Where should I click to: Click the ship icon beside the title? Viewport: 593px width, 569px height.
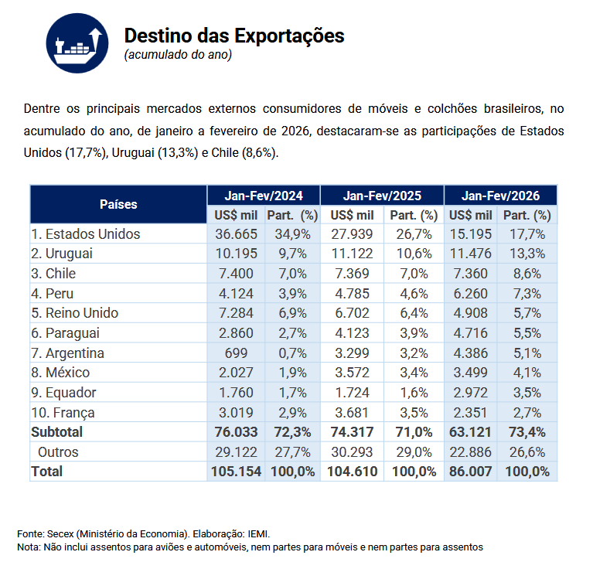(x=75, y=44)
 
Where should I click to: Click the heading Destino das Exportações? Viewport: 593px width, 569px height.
(x=233, y=36)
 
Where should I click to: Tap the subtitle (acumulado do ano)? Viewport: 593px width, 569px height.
(x=177, y=55)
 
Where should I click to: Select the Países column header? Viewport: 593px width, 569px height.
(x=118, y=205)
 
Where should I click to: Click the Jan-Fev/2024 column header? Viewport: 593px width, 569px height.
(x=263, y=196)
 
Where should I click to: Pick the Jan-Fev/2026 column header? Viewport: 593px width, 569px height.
(x=500, y=196)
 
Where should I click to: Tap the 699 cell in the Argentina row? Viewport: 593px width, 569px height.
(x=236, y=353)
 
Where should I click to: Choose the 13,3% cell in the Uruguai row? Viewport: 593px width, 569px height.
(x=529, y=254)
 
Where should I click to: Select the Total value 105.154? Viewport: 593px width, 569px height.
(x=236, y=472)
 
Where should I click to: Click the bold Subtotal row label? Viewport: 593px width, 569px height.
(x=57, y=432)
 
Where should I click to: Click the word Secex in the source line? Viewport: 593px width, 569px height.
(x=60, y=534)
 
